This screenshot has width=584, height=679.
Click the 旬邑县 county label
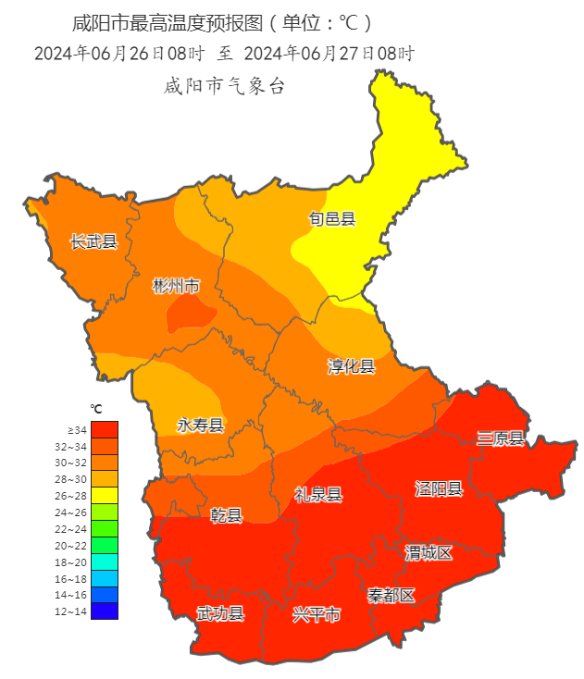pos(331,219)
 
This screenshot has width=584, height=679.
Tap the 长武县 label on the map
pos(94,241)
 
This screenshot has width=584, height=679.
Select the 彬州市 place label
pos(176,286)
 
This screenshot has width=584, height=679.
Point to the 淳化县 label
pos(352,366)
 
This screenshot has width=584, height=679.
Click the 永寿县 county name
pos(201,425)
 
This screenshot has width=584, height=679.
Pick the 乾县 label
pos(226,515)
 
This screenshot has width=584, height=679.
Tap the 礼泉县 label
pos(318,495)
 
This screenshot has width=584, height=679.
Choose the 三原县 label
pos(501,438)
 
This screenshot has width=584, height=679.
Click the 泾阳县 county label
pos(438,488)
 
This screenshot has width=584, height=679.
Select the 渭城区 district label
pos(429,552)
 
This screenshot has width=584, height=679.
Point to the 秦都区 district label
pos(391,595)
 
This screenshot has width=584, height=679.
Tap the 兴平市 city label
pos(317,613)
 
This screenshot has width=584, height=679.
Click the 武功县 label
pos(220,613)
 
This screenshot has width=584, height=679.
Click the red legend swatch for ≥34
pos(105,429)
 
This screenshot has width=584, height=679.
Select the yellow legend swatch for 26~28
pos(105,495)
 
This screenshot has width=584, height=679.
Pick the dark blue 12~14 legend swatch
pos(105,611)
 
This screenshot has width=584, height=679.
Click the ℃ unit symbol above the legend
pos(95,408)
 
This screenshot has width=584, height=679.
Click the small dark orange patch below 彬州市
pos(189,316)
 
